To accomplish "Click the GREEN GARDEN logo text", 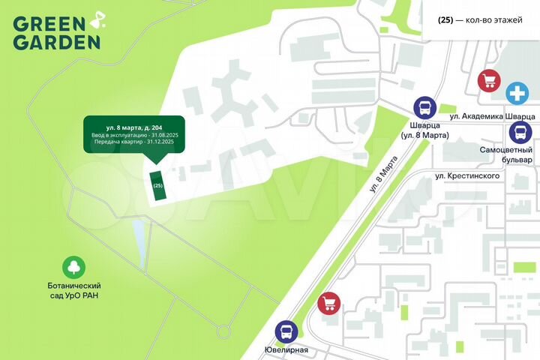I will pos(55,31).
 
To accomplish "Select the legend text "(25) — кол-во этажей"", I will pos(480,19).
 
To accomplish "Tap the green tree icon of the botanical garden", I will pos(74,267).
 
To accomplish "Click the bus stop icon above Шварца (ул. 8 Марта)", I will pos(424,107).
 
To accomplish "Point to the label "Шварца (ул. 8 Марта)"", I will pos(424,130).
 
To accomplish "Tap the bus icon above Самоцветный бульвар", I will pos(520,133).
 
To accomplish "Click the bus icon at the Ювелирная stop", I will pos(286,331).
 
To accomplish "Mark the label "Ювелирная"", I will pos(286,350).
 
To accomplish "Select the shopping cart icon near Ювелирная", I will pos(328,303).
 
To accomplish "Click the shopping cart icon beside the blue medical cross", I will pos(489,80).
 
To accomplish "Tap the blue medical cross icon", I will pos(516,93).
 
